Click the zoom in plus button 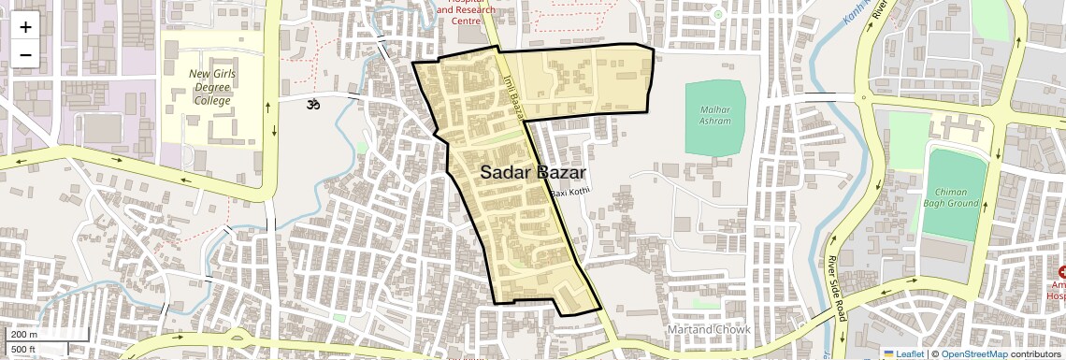[25, 27]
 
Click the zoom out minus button [25, 55]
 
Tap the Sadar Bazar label [533, 173]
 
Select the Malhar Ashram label [714, 115]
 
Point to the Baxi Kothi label [571, 193]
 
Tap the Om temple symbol [313, 105]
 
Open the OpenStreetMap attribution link [973, 353]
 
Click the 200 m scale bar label [24, 335]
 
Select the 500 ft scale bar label [23, 350]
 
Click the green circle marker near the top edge [718, 14]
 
